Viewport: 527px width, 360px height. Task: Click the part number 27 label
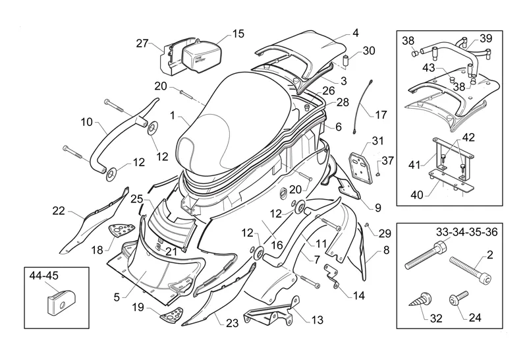point(143,44)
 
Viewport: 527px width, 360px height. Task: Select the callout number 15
point(237,33)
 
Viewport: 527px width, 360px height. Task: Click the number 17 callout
point(381,115)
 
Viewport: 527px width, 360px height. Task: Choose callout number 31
point(377,140)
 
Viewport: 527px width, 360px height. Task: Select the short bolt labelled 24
point(456,298)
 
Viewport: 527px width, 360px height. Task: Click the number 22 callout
point(59,210)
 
